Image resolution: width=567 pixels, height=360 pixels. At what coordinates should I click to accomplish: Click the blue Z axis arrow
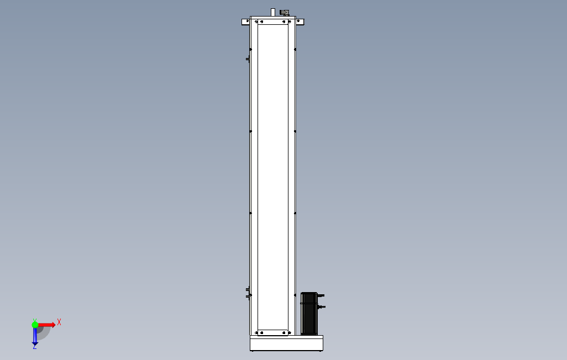click(x=35, y=336)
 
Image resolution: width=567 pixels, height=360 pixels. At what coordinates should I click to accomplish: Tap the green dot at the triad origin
click(x=35, y=325)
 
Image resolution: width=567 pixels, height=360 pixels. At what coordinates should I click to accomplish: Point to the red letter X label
click(x=59, y=322)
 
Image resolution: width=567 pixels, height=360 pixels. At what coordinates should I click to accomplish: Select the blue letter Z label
click(x=35, y=347)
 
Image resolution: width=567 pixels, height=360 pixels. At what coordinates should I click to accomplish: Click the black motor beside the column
click(x=309, y=314)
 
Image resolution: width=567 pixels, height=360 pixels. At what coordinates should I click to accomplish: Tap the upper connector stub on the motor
click(x=321, y=295)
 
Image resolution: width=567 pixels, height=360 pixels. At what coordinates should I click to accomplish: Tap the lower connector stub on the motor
click(x=322, y=307)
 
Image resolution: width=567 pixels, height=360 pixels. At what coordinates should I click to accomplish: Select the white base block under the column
click(x=286, y=343)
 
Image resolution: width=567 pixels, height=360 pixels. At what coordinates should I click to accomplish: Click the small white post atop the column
click(x=273, y=12)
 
